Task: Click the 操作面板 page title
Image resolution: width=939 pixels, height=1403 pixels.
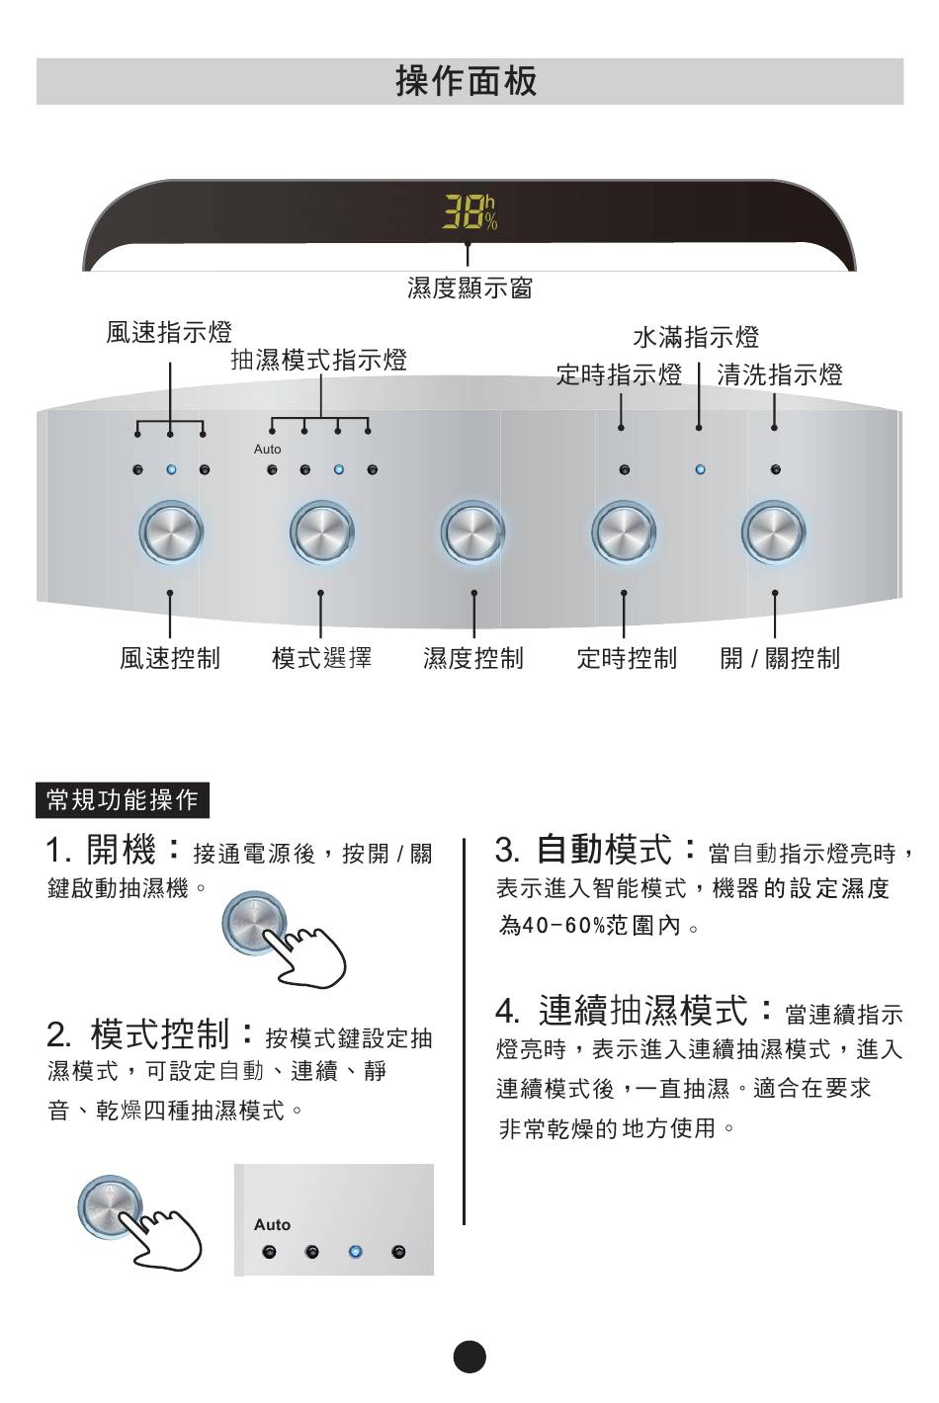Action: [x=467, y=81]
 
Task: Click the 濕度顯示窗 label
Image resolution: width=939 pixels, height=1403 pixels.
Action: [x=469, y=288]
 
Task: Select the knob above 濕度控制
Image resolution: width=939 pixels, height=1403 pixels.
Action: [x=472, y=533]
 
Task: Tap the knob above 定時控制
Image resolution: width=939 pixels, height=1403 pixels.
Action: [x=623, y=533]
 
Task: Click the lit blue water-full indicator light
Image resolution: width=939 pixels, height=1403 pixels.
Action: [x=700, y=470]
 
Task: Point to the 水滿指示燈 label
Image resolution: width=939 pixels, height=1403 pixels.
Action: [x=696, y=338]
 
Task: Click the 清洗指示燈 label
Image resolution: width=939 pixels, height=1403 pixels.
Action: [x=780, y=374]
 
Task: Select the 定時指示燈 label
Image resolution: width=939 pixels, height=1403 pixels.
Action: [x=619, y=374]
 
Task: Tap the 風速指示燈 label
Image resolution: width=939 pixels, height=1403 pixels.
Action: [x=169, y=332]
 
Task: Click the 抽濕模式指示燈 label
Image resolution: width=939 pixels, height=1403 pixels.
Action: [x=318, y=360]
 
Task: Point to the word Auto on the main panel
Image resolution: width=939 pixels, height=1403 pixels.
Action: [x=267, y=450]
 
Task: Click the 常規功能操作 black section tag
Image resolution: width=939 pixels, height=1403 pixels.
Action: [x=123, y=800]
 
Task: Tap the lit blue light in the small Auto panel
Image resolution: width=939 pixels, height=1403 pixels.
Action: [x=355, y=1253]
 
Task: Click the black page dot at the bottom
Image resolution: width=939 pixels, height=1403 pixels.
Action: [x=469, y=1357]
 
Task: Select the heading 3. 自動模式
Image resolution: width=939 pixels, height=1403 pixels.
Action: [x=596, y=850]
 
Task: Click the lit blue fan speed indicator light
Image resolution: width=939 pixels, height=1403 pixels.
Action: [x=171, y=470]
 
